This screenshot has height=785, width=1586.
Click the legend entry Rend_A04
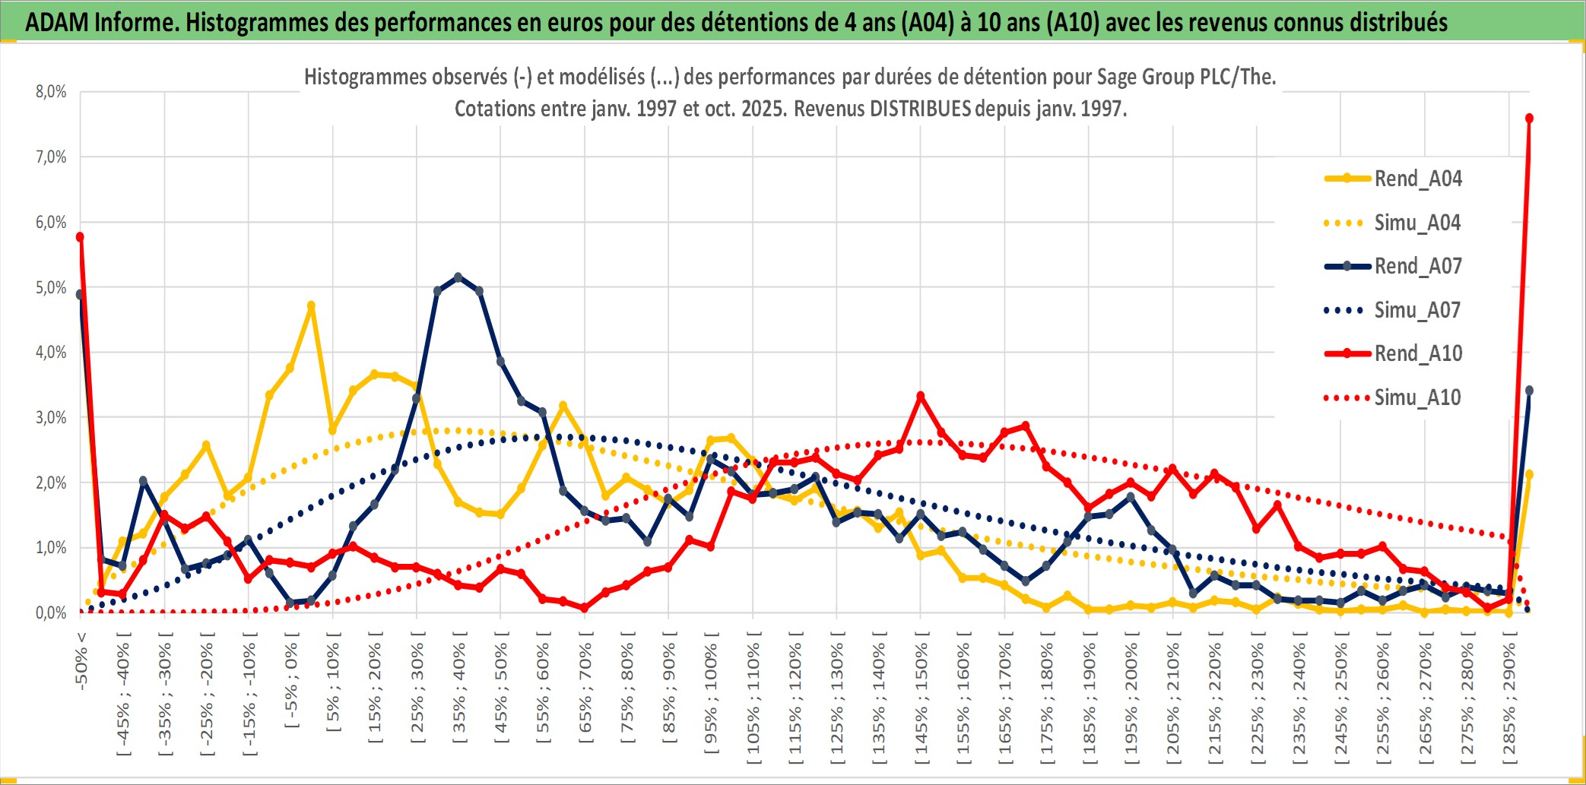(x=1417, y=179)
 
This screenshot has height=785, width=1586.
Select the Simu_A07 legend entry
(x=1417, y=310)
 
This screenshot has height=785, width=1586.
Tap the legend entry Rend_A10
(x=1417, y=353)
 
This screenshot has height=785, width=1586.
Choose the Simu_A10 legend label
(x=1417, y=397)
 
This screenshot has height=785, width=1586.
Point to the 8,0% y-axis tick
(x=51, y=92)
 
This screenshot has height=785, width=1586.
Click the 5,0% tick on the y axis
(x=51, y=288)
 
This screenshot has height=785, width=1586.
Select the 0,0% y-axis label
(x=51, y=613)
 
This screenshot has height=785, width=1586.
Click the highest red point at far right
(x=1529, y=119)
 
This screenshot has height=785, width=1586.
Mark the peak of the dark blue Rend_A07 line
(x=458, y=277)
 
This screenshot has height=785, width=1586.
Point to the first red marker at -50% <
(x=80, y=237)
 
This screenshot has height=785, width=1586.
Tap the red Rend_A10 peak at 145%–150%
(x=921, y=396)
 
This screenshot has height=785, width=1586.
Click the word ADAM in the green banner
(x=57, y=23)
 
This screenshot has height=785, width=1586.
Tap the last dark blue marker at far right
(x=1529, y=391)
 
